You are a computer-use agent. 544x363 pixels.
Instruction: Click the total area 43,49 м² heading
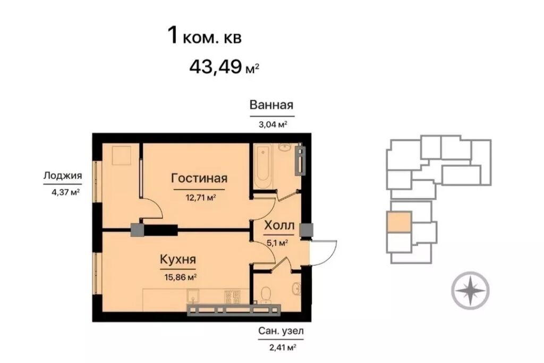(x=224, y=66)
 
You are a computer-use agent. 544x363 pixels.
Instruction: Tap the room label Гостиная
(x=199, y=179)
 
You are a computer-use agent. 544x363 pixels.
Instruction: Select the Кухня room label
(x=178, y=259)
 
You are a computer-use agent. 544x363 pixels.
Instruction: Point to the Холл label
(x=279, y=225)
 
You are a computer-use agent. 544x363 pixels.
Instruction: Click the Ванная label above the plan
(x=271, y=105)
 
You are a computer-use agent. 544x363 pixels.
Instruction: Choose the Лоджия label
(x=63, y=175)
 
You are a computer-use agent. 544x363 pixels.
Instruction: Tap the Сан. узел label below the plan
(x=281, y=331)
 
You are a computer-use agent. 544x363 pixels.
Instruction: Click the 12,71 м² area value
(x=201, y=198)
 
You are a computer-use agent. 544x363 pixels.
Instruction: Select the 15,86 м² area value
(x=182, y=277)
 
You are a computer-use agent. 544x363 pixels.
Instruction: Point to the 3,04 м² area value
(x=273, y=124)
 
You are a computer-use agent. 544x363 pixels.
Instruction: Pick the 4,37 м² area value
(x=66, y=192)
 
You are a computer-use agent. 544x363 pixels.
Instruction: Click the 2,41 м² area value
(x=283, y=347)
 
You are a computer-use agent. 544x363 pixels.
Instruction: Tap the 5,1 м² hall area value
(x=277, y=242)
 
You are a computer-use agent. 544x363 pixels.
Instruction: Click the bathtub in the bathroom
(x=263, y=166)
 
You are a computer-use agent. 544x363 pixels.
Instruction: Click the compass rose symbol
(x=470, y=290)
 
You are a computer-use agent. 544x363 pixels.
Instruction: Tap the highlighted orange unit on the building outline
(x=399, y=222)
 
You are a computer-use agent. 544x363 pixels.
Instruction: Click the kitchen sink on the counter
(x=192, y=296)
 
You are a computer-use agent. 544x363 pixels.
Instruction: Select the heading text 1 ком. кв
(x=205, y=36)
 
